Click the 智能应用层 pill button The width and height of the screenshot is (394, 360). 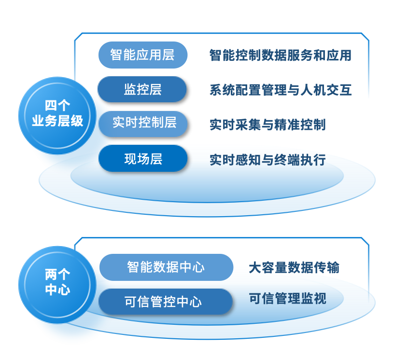142,55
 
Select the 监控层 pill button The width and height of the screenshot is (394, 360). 142,89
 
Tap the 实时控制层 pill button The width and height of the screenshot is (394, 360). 143,124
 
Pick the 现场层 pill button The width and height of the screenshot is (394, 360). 143,158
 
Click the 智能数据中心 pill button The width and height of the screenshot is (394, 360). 166,267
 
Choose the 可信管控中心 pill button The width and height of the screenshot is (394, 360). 166,302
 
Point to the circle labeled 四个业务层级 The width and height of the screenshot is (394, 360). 57,114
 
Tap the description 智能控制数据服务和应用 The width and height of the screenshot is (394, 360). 280,55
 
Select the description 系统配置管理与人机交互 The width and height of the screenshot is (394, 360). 280,90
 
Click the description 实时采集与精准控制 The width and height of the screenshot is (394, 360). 267,125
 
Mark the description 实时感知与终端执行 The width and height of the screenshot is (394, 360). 267,159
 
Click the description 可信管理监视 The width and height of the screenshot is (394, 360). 287,298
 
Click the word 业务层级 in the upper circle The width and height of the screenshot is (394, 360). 57,121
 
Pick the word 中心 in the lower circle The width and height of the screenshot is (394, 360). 57,290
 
